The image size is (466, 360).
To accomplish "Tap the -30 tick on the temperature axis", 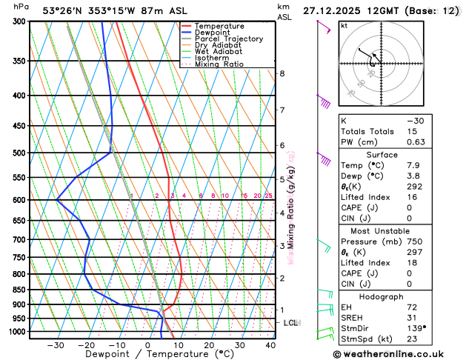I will point(56,344).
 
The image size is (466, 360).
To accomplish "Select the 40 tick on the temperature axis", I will point(270,344).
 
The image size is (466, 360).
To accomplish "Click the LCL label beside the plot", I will point(290,323).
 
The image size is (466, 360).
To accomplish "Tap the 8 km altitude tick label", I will point(282,73).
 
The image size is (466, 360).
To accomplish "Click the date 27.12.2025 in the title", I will point(334,10).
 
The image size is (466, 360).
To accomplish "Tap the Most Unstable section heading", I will point(398,230).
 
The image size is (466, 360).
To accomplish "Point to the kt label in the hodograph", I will point(344,26).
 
